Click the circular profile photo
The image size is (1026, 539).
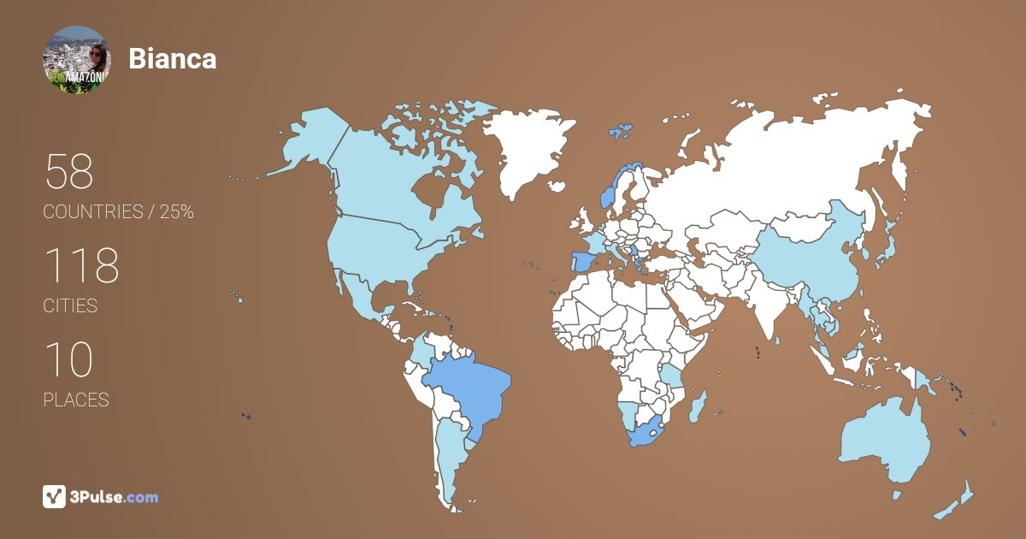(76, 59)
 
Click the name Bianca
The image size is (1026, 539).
(172, 59)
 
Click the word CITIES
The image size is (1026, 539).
(70, 306)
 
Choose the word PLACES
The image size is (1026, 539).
(76, 400)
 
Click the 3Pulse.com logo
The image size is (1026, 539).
(101, 496)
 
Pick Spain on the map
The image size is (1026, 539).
(584, 261)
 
